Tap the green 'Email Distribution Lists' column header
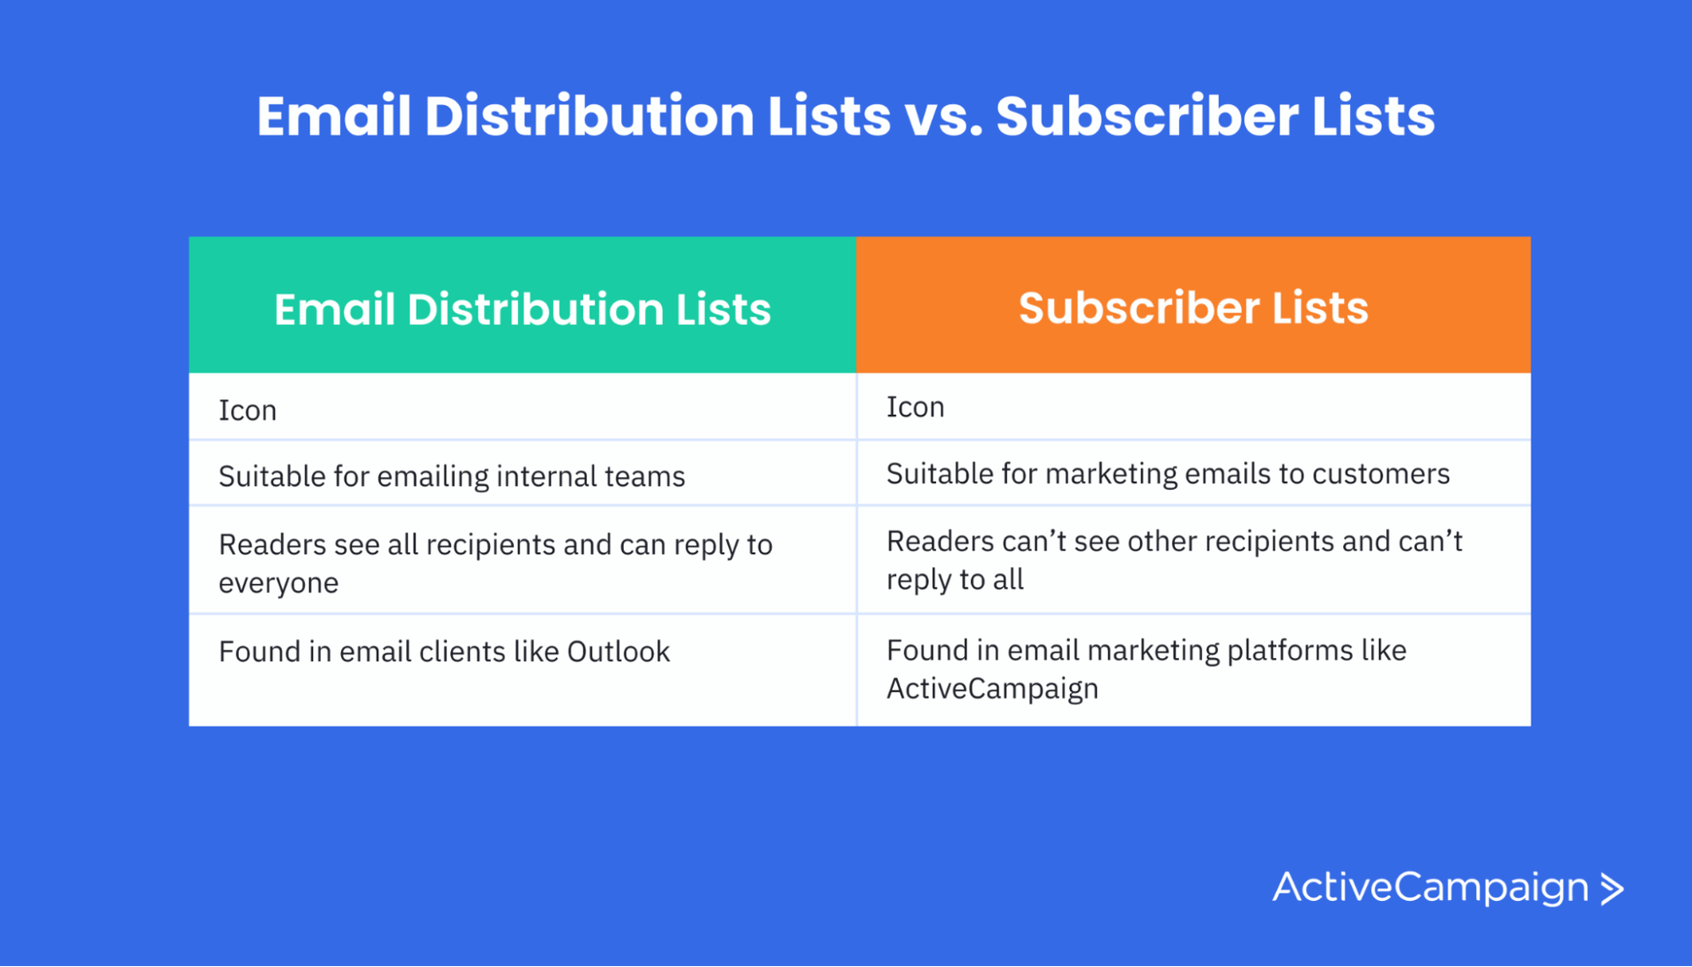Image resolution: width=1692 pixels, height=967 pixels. (522, 309)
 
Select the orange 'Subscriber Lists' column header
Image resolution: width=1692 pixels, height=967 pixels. (1193, 307)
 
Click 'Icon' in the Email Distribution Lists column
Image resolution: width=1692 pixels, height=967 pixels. (248, 410)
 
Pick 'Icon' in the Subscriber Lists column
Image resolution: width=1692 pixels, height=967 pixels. (915, 407)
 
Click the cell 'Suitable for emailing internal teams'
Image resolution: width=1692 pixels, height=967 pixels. (451, 476)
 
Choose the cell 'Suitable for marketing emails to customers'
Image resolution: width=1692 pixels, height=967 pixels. (1168, 474)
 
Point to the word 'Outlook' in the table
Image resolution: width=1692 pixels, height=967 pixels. (618, 652)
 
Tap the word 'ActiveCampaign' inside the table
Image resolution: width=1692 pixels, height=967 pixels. (992, 689)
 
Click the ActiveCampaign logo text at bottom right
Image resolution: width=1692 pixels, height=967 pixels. (1429, 887)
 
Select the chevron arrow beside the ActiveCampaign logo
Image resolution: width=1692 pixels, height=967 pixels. (1612, 889)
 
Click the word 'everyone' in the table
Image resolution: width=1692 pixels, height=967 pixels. (278, 583)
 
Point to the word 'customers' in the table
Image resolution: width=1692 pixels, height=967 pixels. (1380, 474)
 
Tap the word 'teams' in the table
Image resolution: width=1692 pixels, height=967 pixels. (645, 476)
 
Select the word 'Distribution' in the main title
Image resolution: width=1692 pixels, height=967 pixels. (589, 117)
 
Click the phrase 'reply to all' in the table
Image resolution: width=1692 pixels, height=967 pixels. (954, 579)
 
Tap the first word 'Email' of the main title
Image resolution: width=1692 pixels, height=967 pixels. (334, 117)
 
